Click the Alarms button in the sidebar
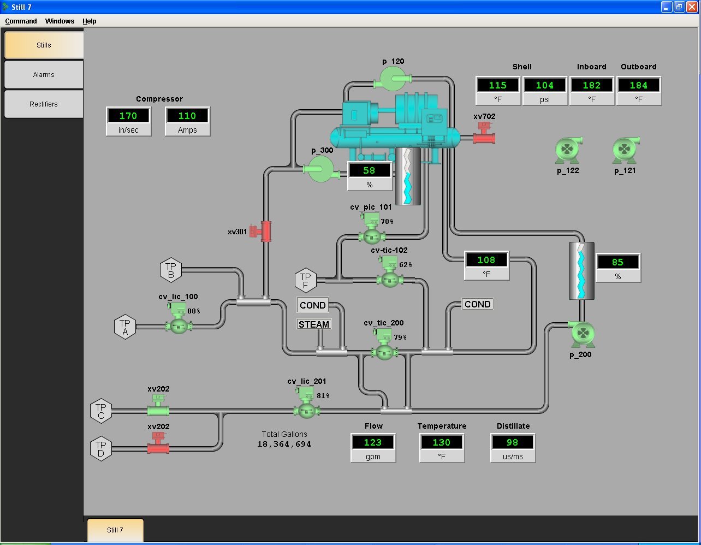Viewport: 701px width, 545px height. coord(44,74)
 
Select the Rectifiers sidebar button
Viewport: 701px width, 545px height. coord(44,104)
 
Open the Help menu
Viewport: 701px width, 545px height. coord(90,21)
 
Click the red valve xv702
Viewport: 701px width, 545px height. coord(484,133)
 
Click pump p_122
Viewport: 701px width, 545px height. coord(567,150)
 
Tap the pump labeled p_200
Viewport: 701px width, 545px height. coord(583,334)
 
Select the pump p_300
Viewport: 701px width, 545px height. coord(322,169)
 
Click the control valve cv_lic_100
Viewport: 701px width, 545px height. coord(179,318)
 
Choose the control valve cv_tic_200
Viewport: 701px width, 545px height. coord(384,344)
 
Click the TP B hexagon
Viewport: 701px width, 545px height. coord(171,270)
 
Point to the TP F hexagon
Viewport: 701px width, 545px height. coord(306,280)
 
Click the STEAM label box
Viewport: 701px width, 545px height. coord(314,324)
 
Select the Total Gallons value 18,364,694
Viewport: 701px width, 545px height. coord(284,445)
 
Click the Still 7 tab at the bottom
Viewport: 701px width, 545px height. coord(115,530)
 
